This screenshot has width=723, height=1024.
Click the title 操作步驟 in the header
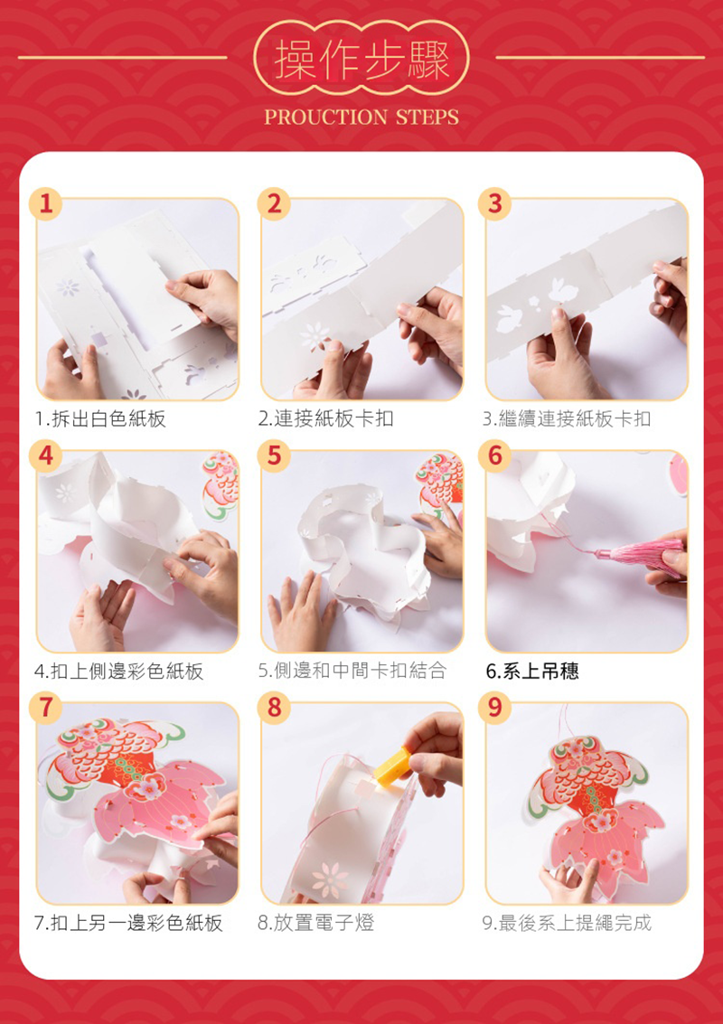[361, 59]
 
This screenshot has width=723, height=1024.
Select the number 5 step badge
[272, 456]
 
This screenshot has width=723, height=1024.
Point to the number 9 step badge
[495, 708]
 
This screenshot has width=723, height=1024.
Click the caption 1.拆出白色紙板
[100, 418]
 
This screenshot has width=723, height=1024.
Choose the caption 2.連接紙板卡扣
[325, 418]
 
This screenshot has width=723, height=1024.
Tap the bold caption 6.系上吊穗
[532, 672]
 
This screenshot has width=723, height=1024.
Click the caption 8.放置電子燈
[316, 923]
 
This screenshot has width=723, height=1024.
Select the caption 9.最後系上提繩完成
[567, 923]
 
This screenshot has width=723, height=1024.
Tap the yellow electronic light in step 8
[392, 764]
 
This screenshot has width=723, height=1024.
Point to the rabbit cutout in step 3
[562, 291]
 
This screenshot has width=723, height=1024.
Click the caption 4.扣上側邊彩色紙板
[119, 671]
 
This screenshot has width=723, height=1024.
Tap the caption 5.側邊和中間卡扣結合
[352, 671]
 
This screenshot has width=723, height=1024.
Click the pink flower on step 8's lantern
[331, 879]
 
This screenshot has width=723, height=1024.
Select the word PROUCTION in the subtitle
[326, 117]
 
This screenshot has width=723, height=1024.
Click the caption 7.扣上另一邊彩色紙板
[128, 923]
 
